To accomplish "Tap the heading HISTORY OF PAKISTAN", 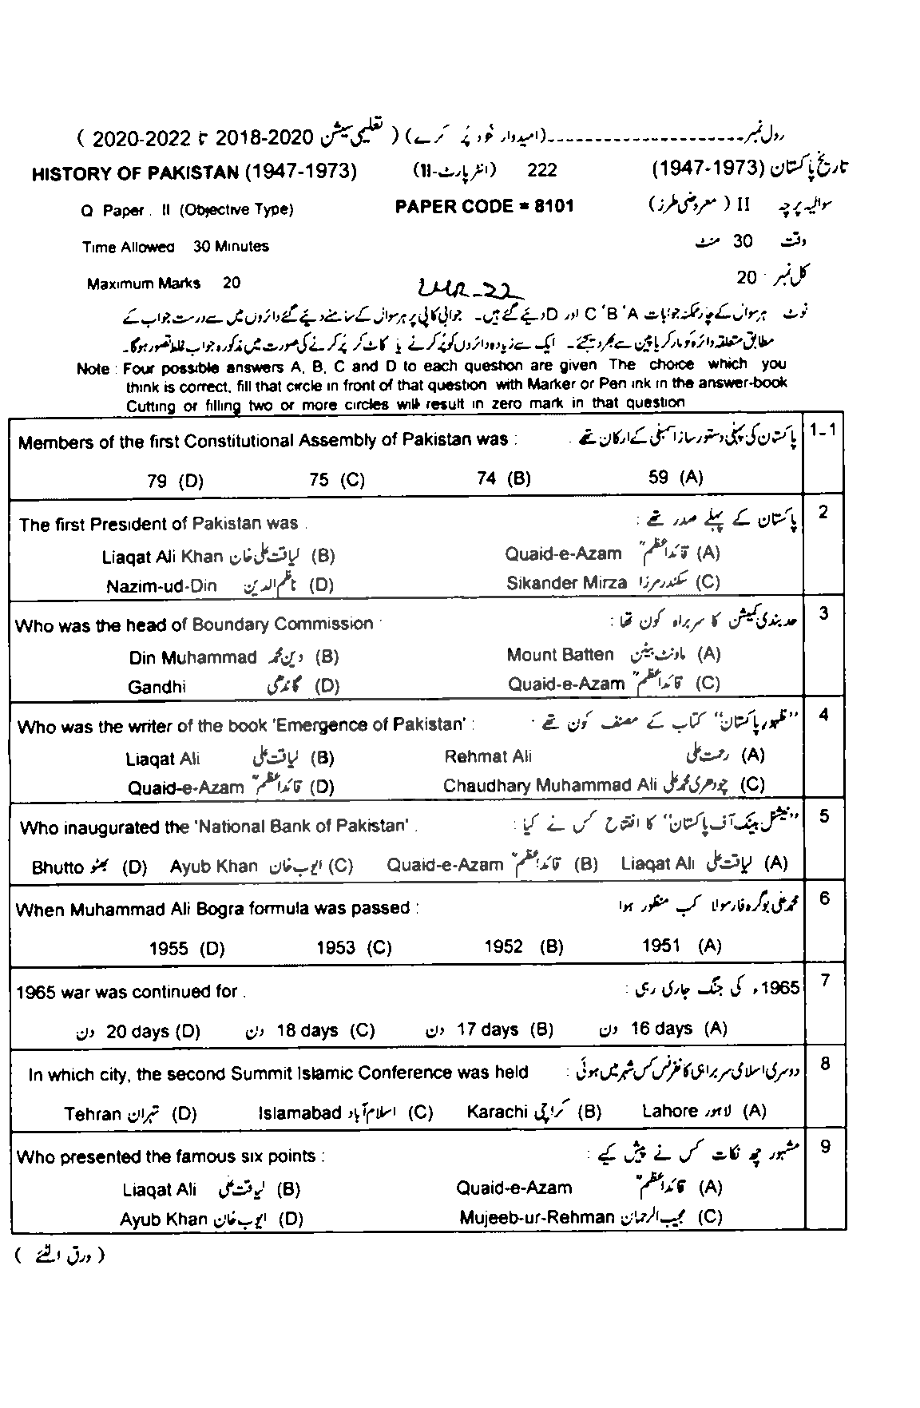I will coord(135,173).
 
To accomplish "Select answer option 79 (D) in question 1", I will coord(176,480).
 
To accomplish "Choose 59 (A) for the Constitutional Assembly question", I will coord(676,478).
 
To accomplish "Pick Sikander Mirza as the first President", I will coord(567,583).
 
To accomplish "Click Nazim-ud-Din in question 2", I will coord(161,585).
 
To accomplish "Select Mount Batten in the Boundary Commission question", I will coord(560,655).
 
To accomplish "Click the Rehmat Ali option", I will coord(487,756).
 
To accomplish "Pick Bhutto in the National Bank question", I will coord(57,867).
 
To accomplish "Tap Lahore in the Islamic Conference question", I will coord(670,1111).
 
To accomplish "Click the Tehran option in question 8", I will coord(93,1114).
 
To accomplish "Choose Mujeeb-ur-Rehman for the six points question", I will coord(537,1218).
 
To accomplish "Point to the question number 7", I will coord(825,981).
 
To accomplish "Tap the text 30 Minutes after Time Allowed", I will coord(231,247).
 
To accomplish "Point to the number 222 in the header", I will coord(542,170).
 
